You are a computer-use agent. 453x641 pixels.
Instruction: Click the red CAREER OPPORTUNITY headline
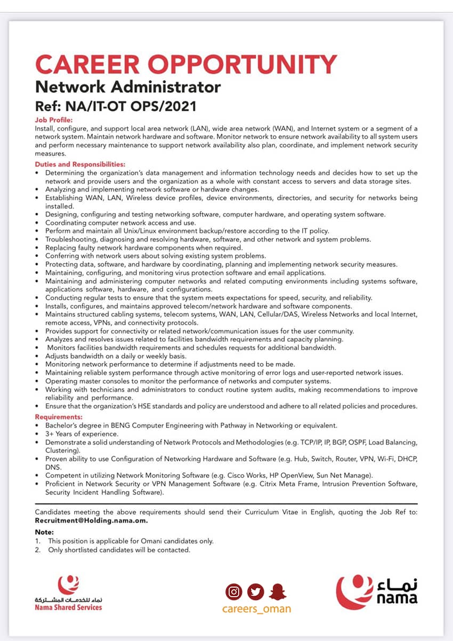tap(185, 65)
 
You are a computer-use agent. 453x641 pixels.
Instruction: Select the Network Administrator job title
tap(127, 86)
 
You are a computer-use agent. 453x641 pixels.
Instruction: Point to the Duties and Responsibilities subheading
tap(80, 164)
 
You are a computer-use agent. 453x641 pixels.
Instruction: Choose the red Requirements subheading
tap(59, 416)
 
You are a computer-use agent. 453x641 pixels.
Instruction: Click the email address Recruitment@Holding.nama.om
tap(91, 520)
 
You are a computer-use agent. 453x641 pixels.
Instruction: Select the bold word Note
tap(44, 532)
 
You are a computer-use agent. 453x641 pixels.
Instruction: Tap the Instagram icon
tap(233, 591)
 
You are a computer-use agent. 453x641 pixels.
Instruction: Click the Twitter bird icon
tap(256, 591)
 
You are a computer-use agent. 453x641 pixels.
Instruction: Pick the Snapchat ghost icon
tap(278, 591)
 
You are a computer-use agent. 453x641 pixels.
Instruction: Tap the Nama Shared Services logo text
tap(68, 607)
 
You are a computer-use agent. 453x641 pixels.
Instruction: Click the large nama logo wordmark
tap(397, 598)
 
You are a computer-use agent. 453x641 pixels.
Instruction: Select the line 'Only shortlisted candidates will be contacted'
tap(119, 549)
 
